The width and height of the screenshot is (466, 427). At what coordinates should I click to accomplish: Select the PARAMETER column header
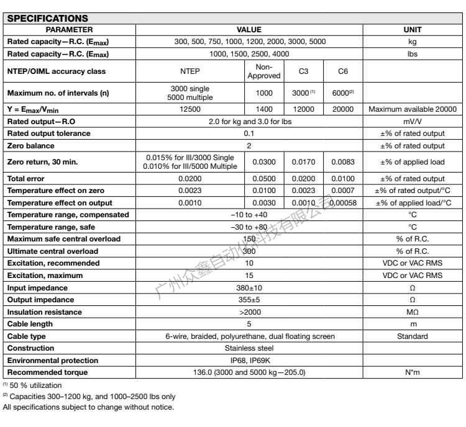point(70,29)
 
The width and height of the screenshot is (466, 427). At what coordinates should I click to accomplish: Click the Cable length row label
point(32,324)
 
